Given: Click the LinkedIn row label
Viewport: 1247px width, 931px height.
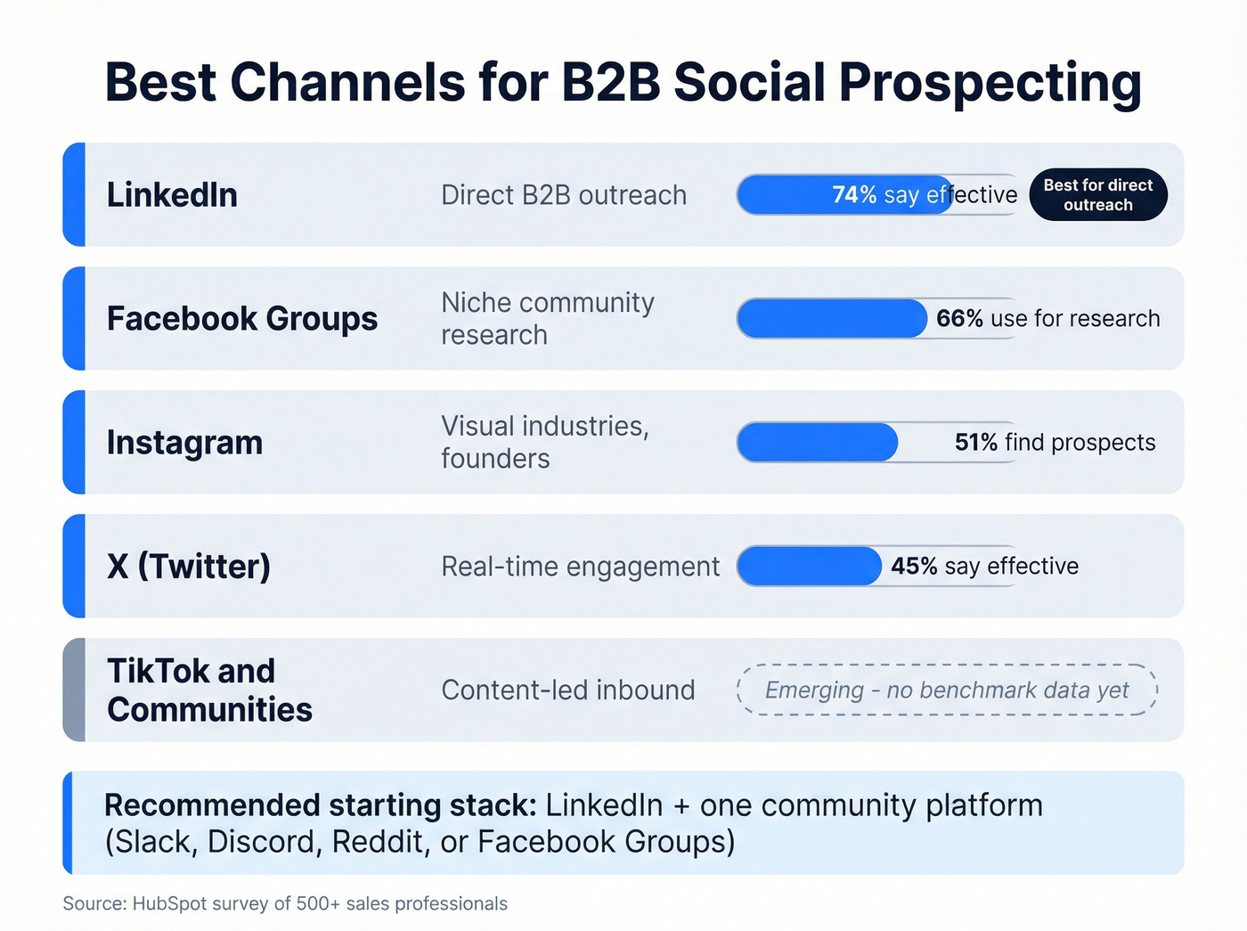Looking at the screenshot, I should pyautogui.click(x=172, y=195).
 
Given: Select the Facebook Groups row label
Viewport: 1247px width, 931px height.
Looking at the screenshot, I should pyautogui.click(x=242, y=319).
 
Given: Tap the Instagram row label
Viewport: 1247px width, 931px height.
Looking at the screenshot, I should pyautogui.click(x=184, y=443).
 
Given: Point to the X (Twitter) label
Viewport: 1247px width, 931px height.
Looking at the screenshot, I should pyautogui.click(x=189, y=567).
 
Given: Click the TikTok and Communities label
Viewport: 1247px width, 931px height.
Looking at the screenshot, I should pyautogui.click(x=209, y=690).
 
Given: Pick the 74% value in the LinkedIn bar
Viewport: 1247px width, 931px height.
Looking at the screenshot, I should pyautogui.click(x=853, y=195).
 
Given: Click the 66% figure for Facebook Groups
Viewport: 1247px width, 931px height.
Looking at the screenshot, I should pyautogui.click(x=958, y=319).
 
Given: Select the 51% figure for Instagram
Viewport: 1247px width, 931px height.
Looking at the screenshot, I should pyautogui.click(x=975, y=443).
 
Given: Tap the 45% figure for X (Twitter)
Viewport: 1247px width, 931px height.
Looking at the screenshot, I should pyautogui.click(x=913, y=567).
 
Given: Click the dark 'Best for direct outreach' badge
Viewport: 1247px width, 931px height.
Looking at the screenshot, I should pyautogui.click(x=1097, y=195).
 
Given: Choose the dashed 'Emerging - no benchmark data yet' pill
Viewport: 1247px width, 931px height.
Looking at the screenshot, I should pyautogui.click(x=947, y=690).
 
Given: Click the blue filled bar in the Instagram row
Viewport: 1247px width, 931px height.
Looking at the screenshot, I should pyautogui.click(x=817, y=443).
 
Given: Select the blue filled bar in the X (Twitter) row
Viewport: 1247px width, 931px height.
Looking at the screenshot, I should pyautogui.click(x=809, y=567).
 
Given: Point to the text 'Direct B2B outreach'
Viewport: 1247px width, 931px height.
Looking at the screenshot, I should pyautogui.click(x=564, y=195).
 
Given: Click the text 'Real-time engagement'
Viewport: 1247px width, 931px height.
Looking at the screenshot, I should pyautogui.click(x=580, y=567).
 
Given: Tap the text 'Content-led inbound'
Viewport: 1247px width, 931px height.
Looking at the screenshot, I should pyautogui.click(x=567, y=690).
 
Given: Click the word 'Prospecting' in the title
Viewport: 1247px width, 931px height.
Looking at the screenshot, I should pyautogui.click(x=990, y=83).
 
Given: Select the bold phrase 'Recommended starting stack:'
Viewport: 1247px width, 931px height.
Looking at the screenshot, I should pyautogui.click(x=321, y=805).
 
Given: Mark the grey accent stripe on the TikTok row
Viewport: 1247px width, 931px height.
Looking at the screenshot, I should pyautogui.click(x=75, y=690).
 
